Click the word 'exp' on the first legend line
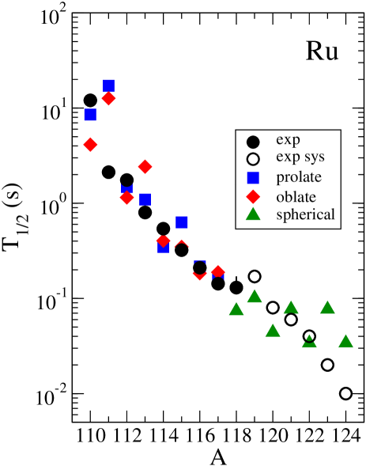[x=288, y=140]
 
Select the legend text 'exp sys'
[x=300, y=158]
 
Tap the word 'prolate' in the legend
[x=299, y=177]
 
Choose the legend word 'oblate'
[x=296, y=196]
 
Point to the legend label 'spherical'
[x=305, y=214]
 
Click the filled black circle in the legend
[x=253, y=142]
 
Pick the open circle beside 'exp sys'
[x=253, y=159]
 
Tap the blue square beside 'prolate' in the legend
[x=253, y=177]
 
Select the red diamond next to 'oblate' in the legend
[x=253, y=196]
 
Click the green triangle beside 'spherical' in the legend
[x=253, y=214]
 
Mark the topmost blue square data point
[x=108, y=85]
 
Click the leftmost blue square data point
[x=90, y=115]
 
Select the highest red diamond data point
[x=108, y=98]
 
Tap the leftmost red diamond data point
[x=90, y=145]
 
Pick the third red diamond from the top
[x=145, y=166]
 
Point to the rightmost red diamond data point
[x=218, y=272]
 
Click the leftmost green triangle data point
[x=236, y=309]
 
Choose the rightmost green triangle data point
[x=345, y=341]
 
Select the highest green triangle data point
[x=255, y=296]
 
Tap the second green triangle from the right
[x=327, y=307]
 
